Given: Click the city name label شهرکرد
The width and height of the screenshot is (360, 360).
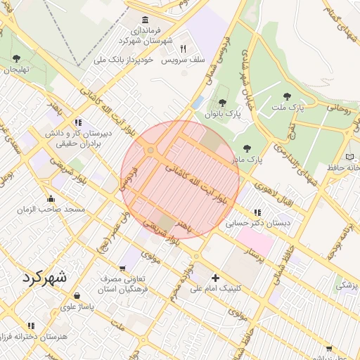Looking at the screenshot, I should tap(44, 276).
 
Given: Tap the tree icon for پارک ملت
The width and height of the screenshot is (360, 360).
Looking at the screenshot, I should tap(286, 97).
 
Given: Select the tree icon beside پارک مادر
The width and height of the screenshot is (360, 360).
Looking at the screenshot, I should tap(247, 148).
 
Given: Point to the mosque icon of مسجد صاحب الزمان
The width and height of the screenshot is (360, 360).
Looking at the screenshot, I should tap(50, 199).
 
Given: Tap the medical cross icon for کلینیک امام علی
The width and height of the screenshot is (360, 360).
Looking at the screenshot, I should tap(215, 278).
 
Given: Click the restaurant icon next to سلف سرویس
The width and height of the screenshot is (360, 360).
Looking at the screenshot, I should tap(183, 49).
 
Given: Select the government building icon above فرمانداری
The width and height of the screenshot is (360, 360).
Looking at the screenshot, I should tap(145, 20).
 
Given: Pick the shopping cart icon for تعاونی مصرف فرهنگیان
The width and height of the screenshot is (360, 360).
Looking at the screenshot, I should tap(123, 268).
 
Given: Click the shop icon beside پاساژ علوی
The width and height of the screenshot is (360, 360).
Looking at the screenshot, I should tap(77, 296).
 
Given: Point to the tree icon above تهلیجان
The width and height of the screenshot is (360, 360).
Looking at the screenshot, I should tap(16, 58).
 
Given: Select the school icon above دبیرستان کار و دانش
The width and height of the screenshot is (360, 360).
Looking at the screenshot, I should tap(77, 122).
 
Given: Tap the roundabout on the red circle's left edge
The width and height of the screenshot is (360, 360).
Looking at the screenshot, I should tap(150, 150).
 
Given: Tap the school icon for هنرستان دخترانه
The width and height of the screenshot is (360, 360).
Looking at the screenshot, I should tap(30, 326).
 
